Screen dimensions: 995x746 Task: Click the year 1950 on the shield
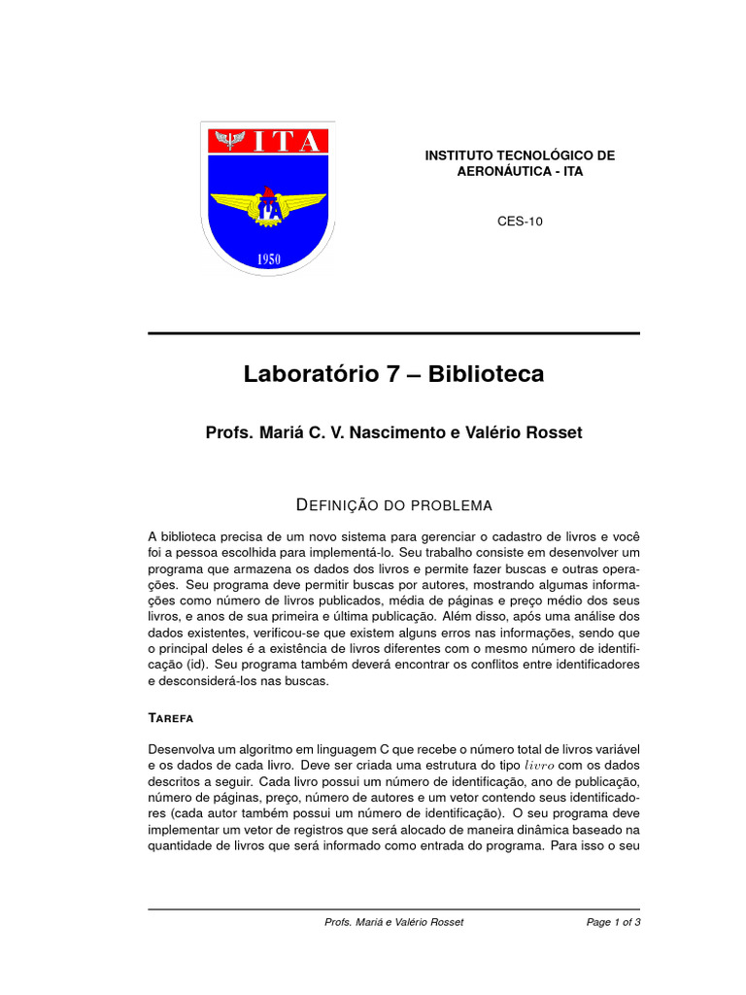click(x=269, y=259)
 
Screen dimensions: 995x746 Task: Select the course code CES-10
click(x=520, y=221)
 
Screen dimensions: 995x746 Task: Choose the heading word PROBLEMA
click(x=452, y=505)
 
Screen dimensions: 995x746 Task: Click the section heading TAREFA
click(x=171, y=718)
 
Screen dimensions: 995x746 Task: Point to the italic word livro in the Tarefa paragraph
click(x=540, y=766)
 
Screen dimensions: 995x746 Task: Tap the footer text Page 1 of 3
click(x=613, y=922)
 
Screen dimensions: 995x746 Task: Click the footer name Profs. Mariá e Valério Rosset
click(x=393, y=922)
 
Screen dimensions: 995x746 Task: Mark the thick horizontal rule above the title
click(x=393, y=333)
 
